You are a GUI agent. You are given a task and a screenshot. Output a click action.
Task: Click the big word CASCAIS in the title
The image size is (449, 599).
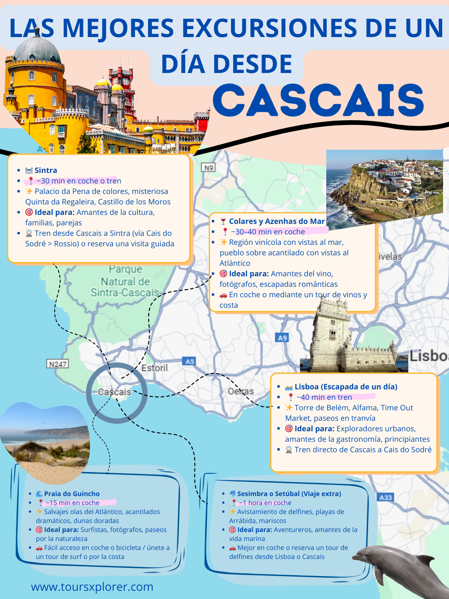point(318,100)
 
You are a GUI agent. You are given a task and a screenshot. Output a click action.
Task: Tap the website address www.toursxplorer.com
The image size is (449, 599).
point(92,587)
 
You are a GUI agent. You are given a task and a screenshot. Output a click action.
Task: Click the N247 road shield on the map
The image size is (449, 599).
point(58,364)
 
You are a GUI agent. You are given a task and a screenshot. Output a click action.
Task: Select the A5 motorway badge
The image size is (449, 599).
point(190,361)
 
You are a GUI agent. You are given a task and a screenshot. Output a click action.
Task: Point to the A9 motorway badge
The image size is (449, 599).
point(282,338)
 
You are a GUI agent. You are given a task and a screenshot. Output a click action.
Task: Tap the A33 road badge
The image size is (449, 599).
point(385,497)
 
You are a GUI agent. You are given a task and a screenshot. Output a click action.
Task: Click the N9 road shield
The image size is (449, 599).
point(208,168)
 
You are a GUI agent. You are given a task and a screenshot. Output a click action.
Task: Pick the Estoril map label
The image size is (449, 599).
point(155,368)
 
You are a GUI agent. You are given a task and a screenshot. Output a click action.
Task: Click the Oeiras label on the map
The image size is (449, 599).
point(241,392)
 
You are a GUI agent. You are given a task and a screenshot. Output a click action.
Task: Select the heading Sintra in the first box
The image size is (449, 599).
point(46,170)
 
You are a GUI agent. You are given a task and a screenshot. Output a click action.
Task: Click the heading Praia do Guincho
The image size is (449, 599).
point(72,494)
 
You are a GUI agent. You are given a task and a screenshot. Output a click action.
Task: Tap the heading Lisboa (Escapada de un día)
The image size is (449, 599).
point(346,387)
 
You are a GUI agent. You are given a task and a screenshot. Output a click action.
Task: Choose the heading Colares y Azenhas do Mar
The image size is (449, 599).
point(277,221)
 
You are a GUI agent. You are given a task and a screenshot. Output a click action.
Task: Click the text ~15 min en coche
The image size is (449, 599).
point(73,503)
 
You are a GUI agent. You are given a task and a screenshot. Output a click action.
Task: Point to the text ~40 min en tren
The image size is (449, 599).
point(324,397)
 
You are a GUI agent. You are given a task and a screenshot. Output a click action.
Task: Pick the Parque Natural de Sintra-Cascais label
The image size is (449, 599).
point(125,281)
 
